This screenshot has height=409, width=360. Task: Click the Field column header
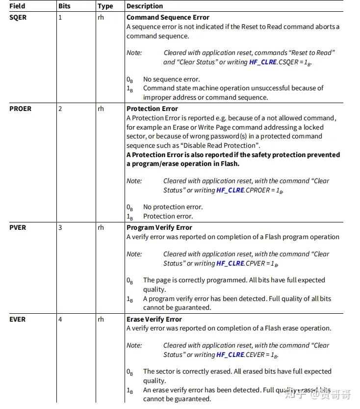tap(17, 6)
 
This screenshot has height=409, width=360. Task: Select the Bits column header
tap(65, 6)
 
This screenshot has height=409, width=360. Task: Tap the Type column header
tap(105, 6)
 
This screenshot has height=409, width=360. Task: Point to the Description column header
tap(145, 6)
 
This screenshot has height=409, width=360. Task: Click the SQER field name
tap(18, 17)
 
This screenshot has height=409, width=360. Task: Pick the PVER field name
tap(18, 227)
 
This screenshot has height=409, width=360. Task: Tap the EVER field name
tap(18, 319)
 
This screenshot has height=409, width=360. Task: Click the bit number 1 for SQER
tap(60, 17)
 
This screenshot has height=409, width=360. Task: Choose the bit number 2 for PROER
tap(60, 109)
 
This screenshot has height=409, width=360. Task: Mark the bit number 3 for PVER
tap(60, 227)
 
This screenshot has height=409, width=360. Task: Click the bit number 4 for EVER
tap(60, 319)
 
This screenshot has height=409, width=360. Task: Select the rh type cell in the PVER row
tap(101, 227)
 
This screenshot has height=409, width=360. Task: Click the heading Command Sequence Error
tap(168, 17)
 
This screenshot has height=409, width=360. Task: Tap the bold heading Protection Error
tap(152, 109)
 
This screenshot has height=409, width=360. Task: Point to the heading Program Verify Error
tap(159, 227)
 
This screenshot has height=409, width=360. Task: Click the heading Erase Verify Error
tap(154, 319)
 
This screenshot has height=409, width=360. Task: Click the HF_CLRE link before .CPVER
tap(230, 263)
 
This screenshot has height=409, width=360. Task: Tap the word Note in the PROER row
tap(134, 181)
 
